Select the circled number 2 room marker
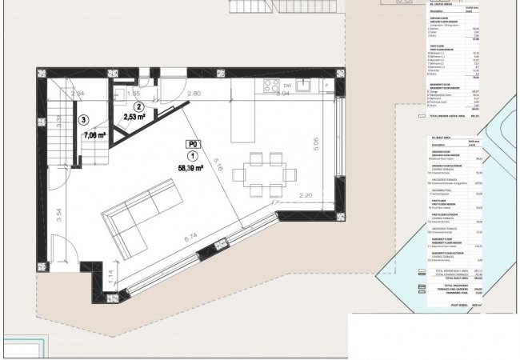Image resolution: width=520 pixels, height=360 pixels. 138,106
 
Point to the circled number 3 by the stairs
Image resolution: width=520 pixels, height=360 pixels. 84,121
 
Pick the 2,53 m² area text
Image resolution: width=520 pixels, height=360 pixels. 134,118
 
